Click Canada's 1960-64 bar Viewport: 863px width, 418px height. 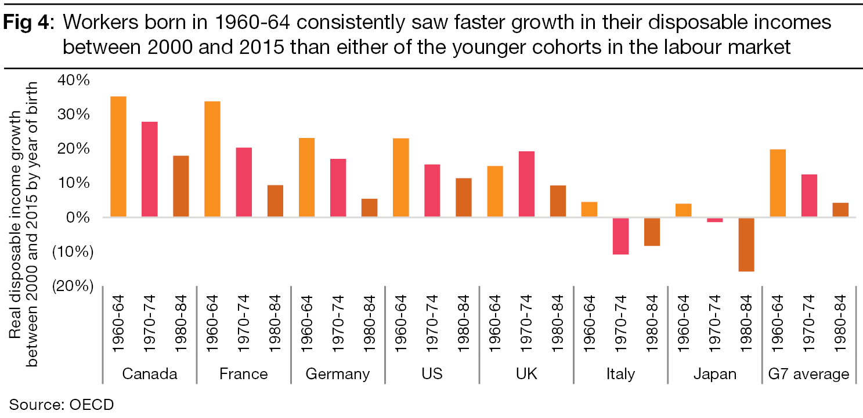[x=118, y=157]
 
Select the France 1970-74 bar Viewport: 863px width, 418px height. [x=244, y=182]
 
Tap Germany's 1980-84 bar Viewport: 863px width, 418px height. [x=369, y=208]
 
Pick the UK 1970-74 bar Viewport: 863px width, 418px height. [x=526, y=184]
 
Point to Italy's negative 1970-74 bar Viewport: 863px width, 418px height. [x=620, y=236]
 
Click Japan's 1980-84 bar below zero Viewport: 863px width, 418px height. [x=746, y=244]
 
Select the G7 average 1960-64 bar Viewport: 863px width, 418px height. [x=778, y=183]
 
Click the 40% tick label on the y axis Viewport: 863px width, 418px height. [x=74, y=80]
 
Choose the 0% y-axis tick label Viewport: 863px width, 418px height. [x=78, y=217]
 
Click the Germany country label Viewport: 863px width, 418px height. [x=338, y=374]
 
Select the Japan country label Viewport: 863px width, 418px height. [x=714, y=374]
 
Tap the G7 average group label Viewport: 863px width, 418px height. [x=809, y=374]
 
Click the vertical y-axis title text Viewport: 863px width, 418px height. [x=24, y=223]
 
